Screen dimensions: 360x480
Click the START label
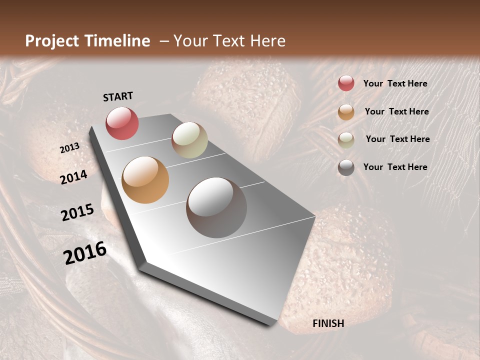click(118, 96)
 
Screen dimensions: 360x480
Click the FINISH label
click(328, 323)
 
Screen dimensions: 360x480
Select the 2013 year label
click(69, 148)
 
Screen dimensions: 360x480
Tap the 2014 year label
click(74, 177)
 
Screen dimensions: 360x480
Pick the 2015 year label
click(77, 212)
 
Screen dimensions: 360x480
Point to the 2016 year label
click(85, 253)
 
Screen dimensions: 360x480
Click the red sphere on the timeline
click(122, 123)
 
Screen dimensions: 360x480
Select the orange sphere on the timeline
click(145, 180)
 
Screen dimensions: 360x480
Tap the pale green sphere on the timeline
click(189, 140)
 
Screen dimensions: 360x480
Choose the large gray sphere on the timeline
click(216, 207)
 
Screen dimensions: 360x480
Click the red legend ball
click(346, 83)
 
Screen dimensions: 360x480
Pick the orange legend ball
click(346, 112)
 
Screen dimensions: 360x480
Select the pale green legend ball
click(346, 140)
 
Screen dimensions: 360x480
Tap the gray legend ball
click(346, 167)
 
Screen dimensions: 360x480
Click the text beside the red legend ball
click(395, 83)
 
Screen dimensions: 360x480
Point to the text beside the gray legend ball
click(395, 167)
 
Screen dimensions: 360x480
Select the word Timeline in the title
click(117, 41)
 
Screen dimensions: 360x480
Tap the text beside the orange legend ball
click(396, 111)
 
